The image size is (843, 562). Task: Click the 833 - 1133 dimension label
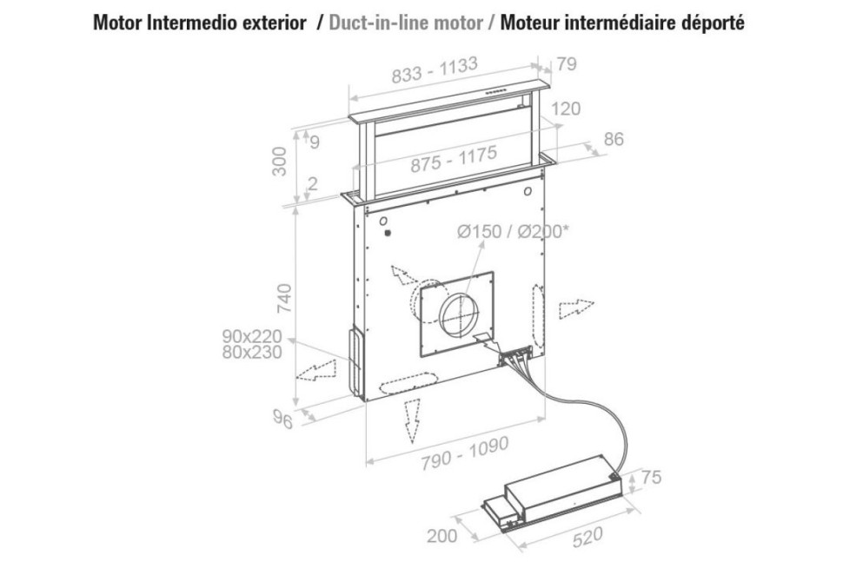pyautogui.click(x=435, y=70)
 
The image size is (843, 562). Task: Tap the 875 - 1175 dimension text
pyautogui.click(x=455, y=160)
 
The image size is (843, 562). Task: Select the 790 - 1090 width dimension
pyautogui.click(x=464, y=454)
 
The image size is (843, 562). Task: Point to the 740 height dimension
pyautogui.click(x=283, y=298)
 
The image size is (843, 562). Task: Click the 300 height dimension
pyautogui.click(x=280, y=162)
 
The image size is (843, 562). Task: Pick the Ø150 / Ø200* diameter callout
pyautogui.click(x=513, y=232)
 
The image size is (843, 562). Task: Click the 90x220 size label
pyautogui.click(x=252, y=336)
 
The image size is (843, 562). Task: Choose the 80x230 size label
pyautogui.click(x=252, y=353)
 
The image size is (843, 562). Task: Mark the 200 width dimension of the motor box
pyautogui.click(x=442, y=535)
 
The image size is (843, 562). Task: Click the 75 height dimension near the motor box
pyautogui.click(x=651, y=477)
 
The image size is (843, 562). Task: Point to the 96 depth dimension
pyautogui.click(x=282, y=420)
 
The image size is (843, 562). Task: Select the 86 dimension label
pyautogui.click(x=614, y=139)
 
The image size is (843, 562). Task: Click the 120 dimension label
pyautogui.click(x=566, y=109)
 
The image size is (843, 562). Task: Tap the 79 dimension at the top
pyautogui.click(x=567, y=64)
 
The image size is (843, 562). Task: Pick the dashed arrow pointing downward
pyautogui.click(x=412, y=420)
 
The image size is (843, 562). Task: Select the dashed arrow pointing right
pyautogui.click(x=576, y=309)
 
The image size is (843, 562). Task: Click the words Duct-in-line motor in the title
pyautogui.click(x=406, y=23)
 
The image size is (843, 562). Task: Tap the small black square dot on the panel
pyautogui.click(x=387, y=234)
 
